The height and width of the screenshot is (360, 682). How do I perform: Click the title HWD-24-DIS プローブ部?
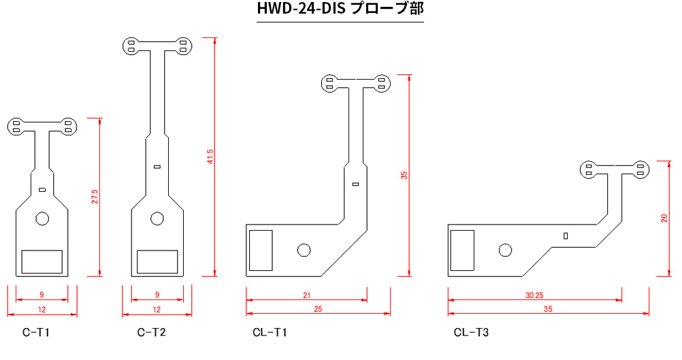pos(340,10)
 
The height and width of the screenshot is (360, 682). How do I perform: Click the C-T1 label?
pos(36,333)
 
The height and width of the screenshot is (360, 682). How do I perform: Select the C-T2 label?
pos(151,333)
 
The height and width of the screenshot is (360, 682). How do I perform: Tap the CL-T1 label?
pos(270,333)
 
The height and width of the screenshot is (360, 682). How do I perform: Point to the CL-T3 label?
pos(471,333)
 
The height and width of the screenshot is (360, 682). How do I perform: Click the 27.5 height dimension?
pos(95,197)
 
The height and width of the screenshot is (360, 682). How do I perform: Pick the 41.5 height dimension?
pos(210,157)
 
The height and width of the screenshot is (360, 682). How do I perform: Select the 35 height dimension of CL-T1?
pos(404,175)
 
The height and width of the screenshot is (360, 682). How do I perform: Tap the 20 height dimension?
pos(664,218)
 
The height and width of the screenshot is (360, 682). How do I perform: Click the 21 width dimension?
pos(306,295)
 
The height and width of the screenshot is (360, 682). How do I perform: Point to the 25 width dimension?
pos(318,310)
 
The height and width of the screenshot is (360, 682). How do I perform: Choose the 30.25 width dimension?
pos(534,295)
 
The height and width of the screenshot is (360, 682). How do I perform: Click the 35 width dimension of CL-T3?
pos(548,310)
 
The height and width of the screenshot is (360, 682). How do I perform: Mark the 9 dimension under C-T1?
pos(42,295)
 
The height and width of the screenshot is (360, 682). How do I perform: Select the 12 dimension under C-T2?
pos(157,310)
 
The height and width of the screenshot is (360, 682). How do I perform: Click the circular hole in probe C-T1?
pos(42,218)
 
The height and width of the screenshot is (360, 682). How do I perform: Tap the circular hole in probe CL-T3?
pos(505,250)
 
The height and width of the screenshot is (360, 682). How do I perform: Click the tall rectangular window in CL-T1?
pos(260,250)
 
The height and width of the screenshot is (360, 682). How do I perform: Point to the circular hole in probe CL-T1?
pos(304,250)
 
